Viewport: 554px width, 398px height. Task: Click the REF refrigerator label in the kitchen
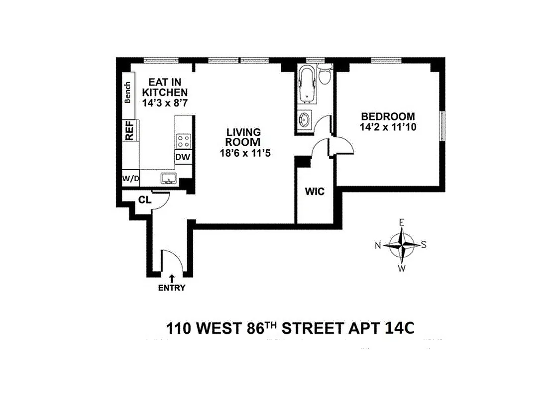129,130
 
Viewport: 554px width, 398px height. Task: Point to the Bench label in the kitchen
128,93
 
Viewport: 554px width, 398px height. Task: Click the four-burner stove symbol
183,140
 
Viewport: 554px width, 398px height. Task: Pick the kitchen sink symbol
168,178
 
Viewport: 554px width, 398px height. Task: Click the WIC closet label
315,191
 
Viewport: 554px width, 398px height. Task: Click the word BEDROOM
388,117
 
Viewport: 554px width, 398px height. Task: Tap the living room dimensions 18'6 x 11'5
243,153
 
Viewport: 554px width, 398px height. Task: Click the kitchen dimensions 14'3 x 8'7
165,102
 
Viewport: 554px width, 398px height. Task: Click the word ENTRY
172,288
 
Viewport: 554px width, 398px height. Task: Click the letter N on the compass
378,245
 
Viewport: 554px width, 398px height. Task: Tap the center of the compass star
401,245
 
